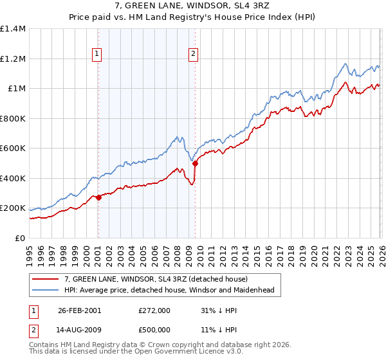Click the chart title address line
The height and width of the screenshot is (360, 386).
192,7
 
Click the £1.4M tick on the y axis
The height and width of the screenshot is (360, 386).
12,29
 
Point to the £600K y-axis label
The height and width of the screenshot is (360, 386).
12,148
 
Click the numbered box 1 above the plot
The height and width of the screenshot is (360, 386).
97,55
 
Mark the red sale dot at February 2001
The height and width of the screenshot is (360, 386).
98,198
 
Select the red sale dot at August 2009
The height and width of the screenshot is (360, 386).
195,163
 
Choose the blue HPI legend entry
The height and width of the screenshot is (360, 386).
169,290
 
